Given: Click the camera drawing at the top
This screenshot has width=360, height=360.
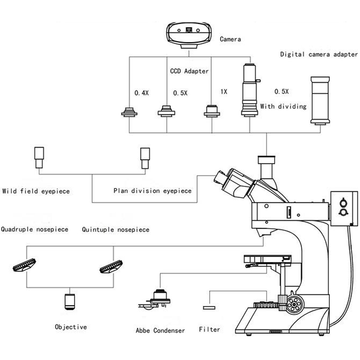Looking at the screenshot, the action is pos(189,35).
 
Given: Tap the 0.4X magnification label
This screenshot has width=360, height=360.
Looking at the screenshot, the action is pos(141,93).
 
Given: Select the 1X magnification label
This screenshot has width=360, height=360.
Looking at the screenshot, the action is pos(224,92).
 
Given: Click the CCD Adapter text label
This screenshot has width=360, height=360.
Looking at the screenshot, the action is pos(189,71).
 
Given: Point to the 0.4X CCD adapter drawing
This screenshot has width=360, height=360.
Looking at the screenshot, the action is pos(129,112).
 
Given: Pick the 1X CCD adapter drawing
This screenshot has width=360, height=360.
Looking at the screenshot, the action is pos(212,111).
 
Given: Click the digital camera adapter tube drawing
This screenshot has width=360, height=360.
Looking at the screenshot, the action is pos(320,101).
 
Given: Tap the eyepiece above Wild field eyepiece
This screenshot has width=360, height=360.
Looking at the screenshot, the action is pos(39,157).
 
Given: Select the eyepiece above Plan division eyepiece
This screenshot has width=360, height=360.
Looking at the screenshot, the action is pos(145,158).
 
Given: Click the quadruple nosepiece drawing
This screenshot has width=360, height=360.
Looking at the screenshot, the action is pos(24,265).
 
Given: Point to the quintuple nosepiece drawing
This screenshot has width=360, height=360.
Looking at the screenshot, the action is pos(111,266).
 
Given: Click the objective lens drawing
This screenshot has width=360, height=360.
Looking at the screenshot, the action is pos(70,301).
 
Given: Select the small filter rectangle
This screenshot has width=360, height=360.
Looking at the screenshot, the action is pos(209,308).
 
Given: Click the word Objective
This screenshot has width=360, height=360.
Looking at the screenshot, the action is pos(71,327).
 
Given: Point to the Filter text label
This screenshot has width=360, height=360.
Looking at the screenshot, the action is pos(209,329).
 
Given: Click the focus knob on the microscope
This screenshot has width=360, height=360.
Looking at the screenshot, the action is pos(294,305).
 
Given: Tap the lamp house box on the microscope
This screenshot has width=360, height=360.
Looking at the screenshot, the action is pos(344,208).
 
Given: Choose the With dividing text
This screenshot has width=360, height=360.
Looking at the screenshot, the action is pos(283,107).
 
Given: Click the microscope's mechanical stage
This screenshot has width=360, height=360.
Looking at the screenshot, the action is pos(267,260).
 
